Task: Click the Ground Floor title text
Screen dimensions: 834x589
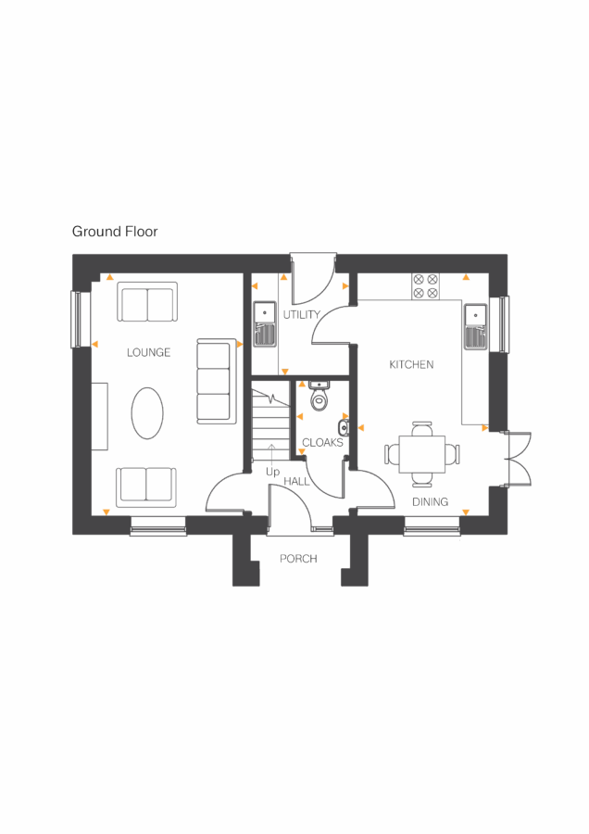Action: point(115,232)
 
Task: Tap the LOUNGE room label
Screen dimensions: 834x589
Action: point(149,353)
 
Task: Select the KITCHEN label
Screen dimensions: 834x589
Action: point(411,365)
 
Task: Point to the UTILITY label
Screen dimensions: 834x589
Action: point(302,315)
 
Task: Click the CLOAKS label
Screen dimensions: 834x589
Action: point(322,443)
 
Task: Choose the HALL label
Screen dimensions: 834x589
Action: point(296,482)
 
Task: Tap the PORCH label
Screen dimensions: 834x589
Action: point(298,559)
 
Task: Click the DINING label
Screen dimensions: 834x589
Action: point(430,502)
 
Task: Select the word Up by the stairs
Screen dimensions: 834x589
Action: point(272,473)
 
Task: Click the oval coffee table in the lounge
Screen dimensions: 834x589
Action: point(147,413)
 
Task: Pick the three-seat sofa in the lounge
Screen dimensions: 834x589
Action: point(214,382)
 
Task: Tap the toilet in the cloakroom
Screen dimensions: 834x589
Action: point(320,398)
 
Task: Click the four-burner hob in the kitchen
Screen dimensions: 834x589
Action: point(426,285)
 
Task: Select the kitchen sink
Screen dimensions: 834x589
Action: point(475,323)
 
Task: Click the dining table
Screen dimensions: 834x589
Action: point(422,453)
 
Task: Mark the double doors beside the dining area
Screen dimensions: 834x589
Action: point(516,458)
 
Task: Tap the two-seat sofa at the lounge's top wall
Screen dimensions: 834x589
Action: point(146,302)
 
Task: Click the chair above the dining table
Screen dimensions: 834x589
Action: point(422,427)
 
